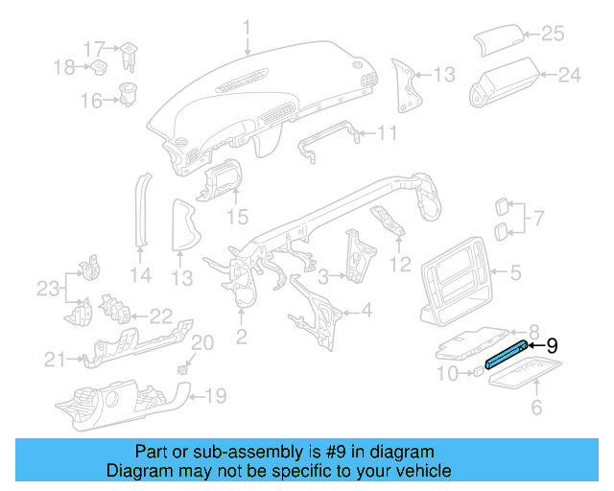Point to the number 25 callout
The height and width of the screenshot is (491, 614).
click(553, 34)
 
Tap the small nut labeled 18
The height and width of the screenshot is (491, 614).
click(99, 66)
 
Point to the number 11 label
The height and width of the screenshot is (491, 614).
click(386, 132)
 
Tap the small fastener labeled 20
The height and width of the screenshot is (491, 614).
click(184, 365)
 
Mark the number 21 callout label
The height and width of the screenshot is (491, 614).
click(55, 360)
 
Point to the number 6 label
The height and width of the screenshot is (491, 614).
click(536, 409)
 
